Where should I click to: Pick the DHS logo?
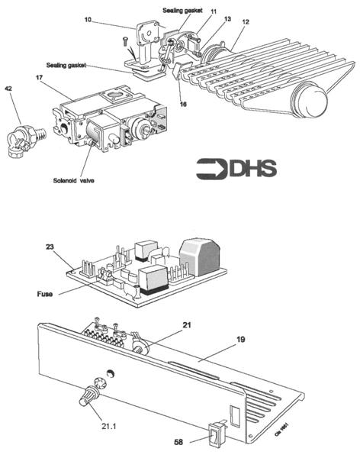pyautogui.click(x=236, y=169)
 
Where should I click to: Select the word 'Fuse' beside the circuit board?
pyautogui.click(x=43, y=292)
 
